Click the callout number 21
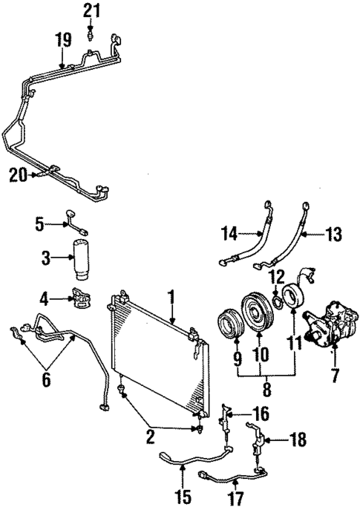click(90, 10)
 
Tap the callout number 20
click(19, 174)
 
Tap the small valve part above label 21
click(90, 33)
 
